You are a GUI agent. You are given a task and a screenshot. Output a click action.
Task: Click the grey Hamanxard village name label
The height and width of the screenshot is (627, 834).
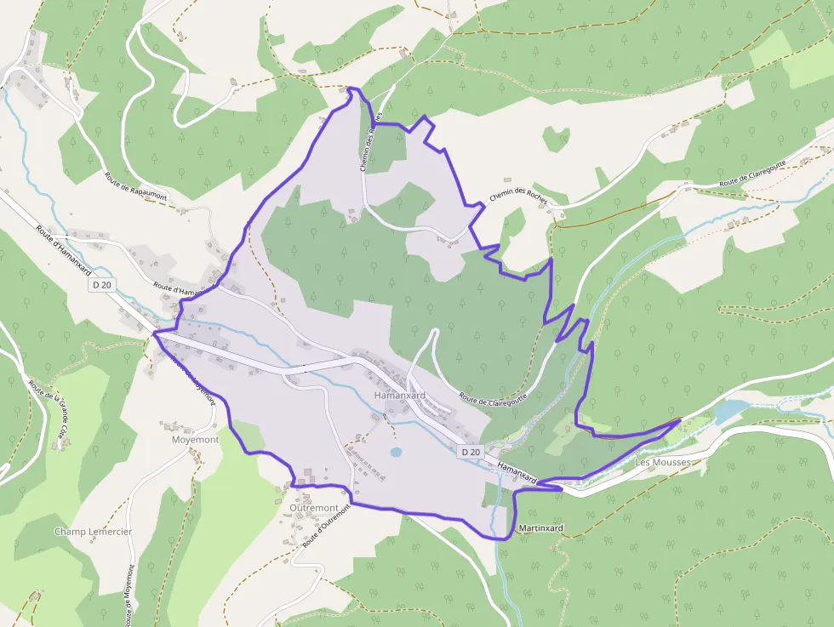pos(400,396)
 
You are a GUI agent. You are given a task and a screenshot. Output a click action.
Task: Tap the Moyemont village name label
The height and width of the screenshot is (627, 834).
pos(195,440)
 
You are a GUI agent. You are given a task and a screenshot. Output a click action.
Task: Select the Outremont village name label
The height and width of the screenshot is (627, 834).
pos(313,508)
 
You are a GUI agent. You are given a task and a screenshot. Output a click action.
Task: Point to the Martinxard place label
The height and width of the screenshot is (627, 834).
pos(540,528)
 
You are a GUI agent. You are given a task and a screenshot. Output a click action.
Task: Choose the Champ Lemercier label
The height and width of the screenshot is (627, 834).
pos(93,532)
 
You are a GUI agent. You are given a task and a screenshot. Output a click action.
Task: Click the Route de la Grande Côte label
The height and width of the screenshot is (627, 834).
pos(48,413)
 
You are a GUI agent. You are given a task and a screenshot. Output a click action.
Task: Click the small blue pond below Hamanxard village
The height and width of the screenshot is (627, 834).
pos(397,452)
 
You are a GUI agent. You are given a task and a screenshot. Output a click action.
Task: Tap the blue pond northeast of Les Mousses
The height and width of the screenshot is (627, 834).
pos(730,412)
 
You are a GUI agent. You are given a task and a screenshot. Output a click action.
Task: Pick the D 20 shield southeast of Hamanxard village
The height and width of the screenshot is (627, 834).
pos(471,452)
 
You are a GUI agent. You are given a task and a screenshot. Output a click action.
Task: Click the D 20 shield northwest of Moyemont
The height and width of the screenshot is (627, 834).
pos(102,285)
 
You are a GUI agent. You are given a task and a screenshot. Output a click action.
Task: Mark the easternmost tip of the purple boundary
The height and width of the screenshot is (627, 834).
pos(681,419)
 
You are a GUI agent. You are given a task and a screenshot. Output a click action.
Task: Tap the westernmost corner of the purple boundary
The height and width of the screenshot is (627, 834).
pos(155,334)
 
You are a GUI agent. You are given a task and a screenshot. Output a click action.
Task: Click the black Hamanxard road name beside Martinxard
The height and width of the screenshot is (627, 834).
pos(517,474)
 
